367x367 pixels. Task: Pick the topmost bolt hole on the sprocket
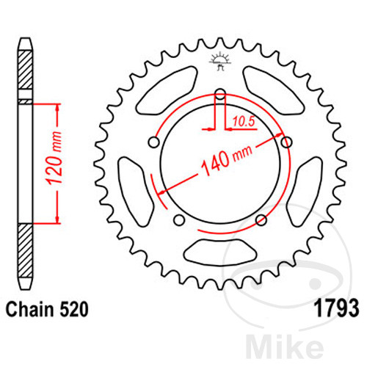(219, 93)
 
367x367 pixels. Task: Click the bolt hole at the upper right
(285, 141)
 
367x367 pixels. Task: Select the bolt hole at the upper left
(154, 141)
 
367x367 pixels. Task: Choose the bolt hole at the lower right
(260, 218)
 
